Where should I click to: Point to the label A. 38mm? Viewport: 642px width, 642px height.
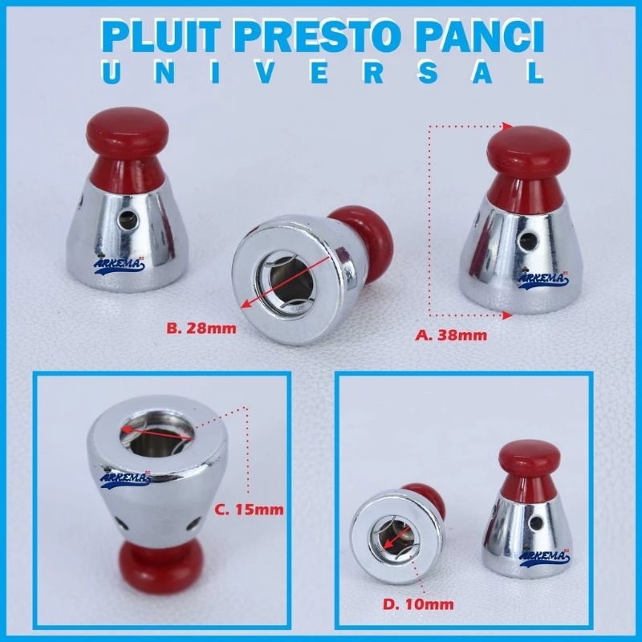pyautogui.click(x=452, y=335)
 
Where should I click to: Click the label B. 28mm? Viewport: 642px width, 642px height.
pyautogui.click(x=201, y=328)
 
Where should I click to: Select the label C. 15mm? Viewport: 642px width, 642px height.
pyautogui.click(x=249, y=510)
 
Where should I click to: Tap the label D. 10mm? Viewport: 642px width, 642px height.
pyautogui.click(x=418, y=604)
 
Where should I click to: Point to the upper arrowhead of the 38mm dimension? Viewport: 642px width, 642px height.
pyautogui.click(x=508, y=127)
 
